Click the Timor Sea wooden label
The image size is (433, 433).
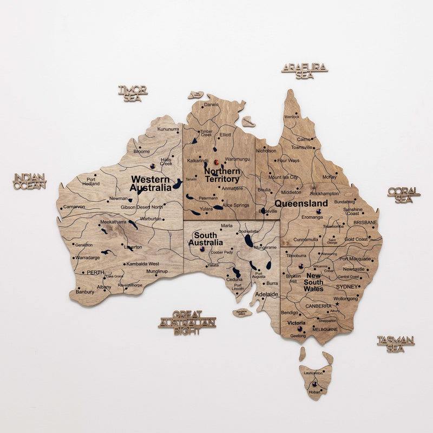[x=133, y=94]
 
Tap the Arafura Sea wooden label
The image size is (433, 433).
[x=305, y=71]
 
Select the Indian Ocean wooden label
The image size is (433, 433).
[x=30, y=181]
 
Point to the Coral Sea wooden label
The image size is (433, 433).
[x=404, y=195]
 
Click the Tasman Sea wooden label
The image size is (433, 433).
[x=396, y=344]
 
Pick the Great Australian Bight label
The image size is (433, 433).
[x=187, y=323]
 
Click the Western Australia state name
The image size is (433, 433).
[x=150, y=183]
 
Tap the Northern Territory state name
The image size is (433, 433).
[x=222, y=175]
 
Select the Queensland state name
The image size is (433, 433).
[x=301, y=204]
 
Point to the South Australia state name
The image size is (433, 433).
[x=201, y=239]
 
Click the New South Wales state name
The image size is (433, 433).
[x=313, y=282]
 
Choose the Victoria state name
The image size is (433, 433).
[x=297, y=323]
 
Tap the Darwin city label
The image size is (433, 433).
[x=212, y=104]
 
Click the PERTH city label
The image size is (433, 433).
[x=96, y=272]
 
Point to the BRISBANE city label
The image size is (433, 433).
[x=365, y=222]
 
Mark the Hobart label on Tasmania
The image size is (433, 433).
[x=314, y=391]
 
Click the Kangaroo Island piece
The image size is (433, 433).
[x=242, y=312]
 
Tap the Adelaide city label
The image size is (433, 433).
[x=267, y=294]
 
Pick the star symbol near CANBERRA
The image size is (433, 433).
[x=337, y=304]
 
